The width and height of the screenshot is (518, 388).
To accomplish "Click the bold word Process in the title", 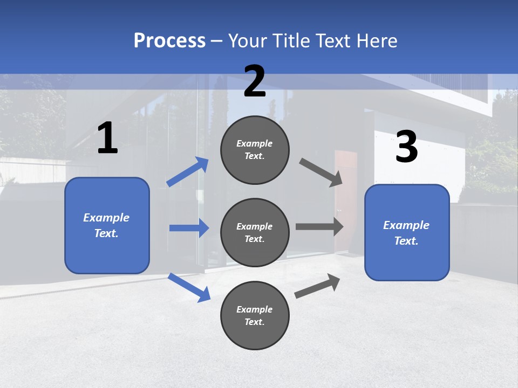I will point(169,40).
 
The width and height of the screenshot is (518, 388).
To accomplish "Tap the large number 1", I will point(107,138).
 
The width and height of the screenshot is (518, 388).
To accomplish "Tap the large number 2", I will point(255,81).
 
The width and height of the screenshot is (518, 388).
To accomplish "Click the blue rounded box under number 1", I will point(107,225).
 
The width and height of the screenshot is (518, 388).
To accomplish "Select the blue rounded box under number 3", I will point(407,232).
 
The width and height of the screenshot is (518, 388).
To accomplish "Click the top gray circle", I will point(255,150).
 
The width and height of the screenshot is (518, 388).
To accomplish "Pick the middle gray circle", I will point(255,232).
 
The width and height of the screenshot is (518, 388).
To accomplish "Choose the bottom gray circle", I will point(255,315).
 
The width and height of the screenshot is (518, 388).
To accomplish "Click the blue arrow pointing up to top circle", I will point(188,172).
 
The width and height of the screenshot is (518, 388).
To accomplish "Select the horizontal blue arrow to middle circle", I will point(189,228).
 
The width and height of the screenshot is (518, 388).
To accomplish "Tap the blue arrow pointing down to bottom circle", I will point(189,287).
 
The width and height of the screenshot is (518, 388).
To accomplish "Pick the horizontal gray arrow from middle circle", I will point(319,227).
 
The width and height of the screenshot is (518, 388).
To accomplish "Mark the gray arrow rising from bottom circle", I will point(317,286).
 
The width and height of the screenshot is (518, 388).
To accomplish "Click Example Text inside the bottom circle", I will point(255,315).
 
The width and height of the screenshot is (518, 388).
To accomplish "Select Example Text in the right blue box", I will point(406,233).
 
